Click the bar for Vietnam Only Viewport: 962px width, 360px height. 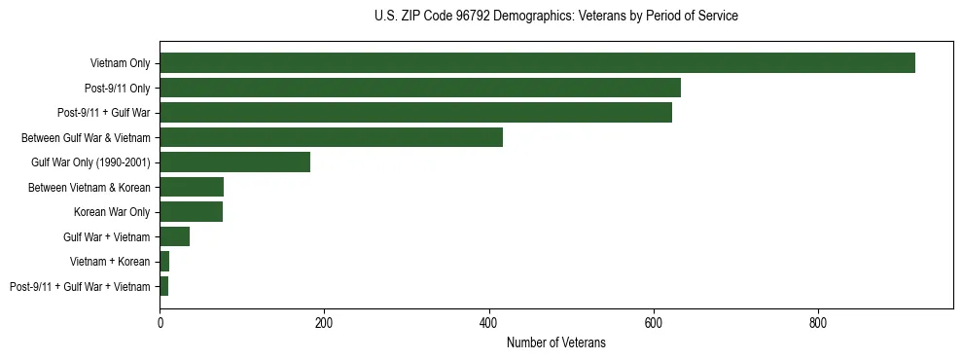(537, 63)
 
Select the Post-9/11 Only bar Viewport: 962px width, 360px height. (420, 89)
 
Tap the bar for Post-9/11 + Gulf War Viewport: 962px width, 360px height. (415, 113)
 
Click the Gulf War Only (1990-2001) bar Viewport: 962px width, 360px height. (234, 162)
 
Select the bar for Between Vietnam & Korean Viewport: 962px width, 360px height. (192, 187)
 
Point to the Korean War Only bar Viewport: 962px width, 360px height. (191, 212)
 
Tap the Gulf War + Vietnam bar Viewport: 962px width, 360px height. (174, 236)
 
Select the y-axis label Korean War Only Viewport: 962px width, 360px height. (112, 212)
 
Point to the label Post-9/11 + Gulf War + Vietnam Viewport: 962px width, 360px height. (80, 287)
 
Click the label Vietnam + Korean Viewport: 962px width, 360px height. (110, 262)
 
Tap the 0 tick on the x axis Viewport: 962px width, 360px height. (160, 322)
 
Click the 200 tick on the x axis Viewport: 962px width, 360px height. (324, 322)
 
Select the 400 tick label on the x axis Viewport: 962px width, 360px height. (489, 322)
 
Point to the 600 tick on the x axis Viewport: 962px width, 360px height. (654, 322)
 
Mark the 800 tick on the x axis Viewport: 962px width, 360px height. (818, 322)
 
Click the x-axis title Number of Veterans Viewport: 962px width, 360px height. (556, 342)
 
